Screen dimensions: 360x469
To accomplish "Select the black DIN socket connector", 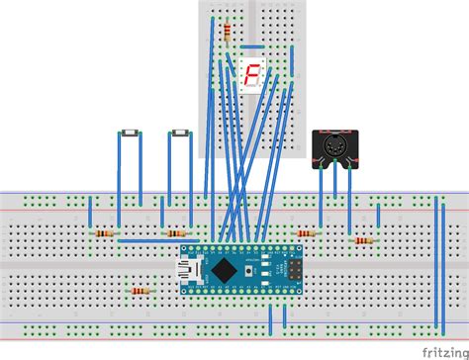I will point(333,147).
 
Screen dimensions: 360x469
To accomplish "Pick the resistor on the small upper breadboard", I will point(230,34).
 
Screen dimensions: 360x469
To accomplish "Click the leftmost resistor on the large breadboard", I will point(104,233).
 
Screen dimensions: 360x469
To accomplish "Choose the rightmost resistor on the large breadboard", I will point(363,240).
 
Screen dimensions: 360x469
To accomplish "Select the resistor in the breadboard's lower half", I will point(139,291).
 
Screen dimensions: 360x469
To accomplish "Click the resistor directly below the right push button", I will point(175,233).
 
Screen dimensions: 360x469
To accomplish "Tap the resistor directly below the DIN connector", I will point(308,233).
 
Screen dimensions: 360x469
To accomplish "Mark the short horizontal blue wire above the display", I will point(252,45).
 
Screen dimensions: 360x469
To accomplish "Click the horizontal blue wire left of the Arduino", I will point(148,240).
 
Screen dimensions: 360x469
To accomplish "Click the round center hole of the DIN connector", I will point(333,149).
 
